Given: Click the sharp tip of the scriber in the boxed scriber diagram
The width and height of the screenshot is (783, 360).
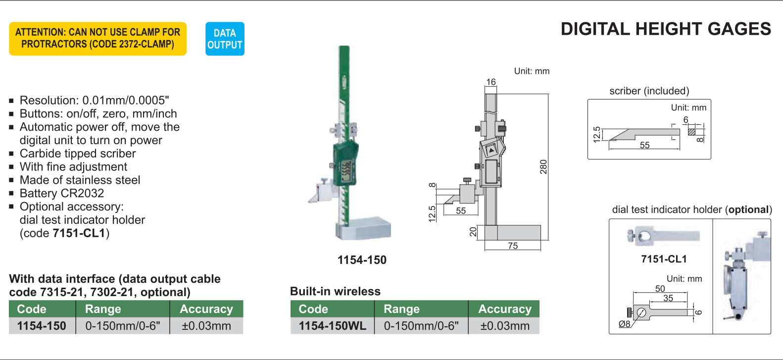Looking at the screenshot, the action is tap(609, 140).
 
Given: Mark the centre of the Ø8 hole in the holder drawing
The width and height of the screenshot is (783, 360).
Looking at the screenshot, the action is tap(641, 312).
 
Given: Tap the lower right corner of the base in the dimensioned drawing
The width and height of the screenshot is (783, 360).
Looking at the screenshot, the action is tap(540, 240).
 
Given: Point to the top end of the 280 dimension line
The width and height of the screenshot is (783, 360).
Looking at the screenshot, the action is tap(548, 94).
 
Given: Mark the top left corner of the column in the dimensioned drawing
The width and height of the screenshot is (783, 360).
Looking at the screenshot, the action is tap(485, 94).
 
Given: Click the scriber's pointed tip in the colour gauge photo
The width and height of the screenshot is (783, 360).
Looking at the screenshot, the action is tap(309, 202).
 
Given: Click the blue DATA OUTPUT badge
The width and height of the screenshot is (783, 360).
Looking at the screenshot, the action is tap(225, 39).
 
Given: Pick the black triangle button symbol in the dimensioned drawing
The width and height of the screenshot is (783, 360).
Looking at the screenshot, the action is tap(491, 151).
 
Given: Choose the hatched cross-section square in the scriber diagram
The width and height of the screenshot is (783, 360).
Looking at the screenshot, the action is tap(691, 132).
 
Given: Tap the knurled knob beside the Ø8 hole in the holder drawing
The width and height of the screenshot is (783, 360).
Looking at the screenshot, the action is tap(629, 311).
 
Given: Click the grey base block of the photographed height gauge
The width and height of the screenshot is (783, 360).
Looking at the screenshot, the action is tap(363, 229).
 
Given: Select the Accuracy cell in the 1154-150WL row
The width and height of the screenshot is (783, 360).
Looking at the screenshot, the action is tap(504, 326).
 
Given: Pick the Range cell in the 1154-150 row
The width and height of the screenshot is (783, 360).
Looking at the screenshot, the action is tap(123, 326).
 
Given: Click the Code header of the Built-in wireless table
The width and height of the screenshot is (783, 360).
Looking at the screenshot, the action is tap(313, 309).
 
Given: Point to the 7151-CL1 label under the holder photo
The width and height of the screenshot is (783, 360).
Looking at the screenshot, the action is tap(664, 259).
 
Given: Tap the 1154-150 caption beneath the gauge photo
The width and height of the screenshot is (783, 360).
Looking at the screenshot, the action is tap(362, 260).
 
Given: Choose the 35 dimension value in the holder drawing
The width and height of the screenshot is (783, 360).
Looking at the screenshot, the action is tap(668, 298).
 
